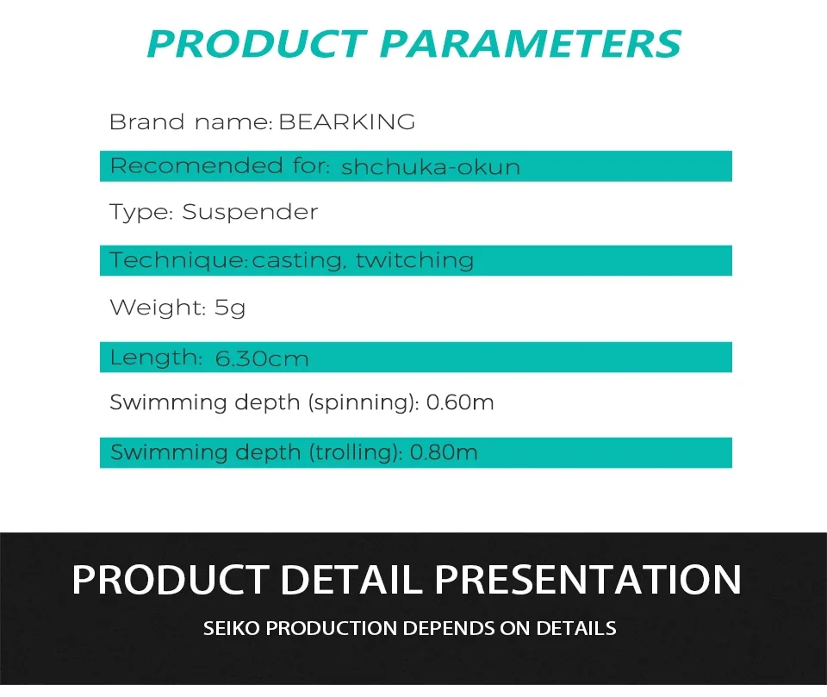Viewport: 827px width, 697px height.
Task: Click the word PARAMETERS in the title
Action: [x=530, y=44]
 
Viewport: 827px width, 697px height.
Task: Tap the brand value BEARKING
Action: [x=346, y=121]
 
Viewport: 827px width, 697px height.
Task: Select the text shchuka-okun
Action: [x=431, y=167]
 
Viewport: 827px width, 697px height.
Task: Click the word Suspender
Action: [x=250, y=213]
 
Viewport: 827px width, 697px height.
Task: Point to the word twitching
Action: [x=414, y=261]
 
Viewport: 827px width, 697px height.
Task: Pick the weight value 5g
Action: [x=230, y=308]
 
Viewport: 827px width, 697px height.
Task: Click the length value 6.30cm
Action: [x=262, y=359]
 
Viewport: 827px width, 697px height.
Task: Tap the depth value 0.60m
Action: [x=460, y=402]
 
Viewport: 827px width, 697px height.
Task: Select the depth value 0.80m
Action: [x=444, y=452]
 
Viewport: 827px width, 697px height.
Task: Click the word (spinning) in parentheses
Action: [x=363, y=403]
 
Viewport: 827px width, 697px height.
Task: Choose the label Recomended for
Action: [x=220, y=165]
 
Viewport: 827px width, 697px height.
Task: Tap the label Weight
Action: [x=157, y=307]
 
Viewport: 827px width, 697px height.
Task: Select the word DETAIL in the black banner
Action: [x=351, y=580]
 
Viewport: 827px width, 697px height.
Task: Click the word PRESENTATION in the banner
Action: [x=588, y=580]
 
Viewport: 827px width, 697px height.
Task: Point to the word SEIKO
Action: [x=232, y=628]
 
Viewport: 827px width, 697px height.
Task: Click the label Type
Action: [x=140, y=213]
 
